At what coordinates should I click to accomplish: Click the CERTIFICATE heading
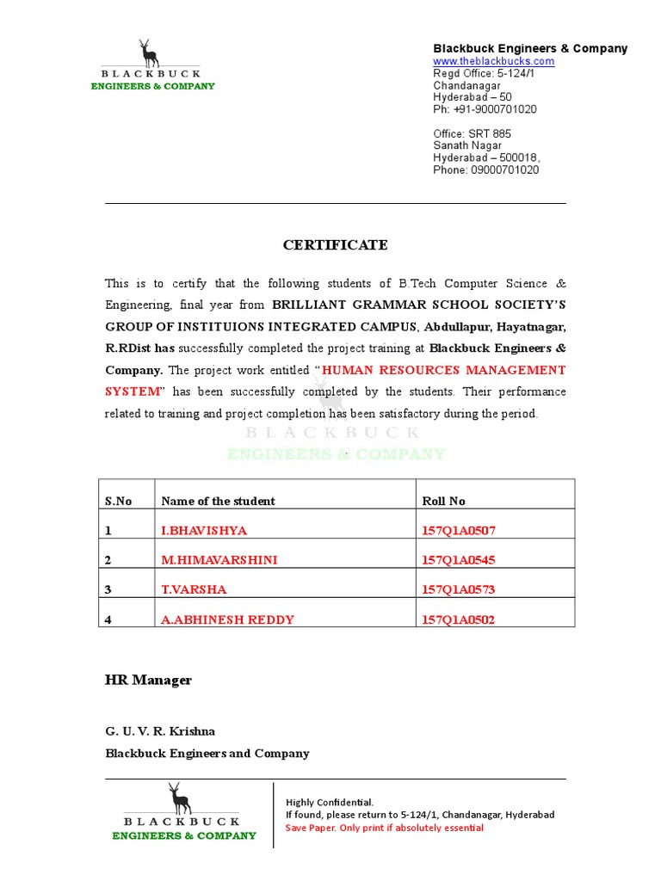[x=335, y=245]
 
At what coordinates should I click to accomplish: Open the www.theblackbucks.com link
[x=493, y=61]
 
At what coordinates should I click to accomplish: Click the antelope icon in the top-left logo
[x=150, y=53]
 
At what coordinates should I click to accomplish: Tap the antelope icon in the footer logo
[x=179, y=798]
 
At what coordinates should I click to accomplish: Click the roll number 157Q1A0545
[x=458, y=560]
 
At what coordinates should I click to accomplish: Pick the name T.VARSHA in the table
[x=194, y=589]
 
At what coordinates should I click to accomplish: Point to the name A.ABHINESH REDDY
[x=227, y=619]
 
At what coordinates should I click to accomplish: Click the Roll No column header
[x=443, y=501]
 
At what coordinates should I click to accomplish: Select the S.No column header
[x=119, y=501]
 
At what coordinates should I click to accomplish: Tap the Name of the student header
[x=218, y=501]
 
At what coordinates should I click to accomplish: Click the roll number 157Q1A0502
[x=458, y=619]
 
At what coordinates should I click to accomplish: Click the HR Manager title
[x=148, y=681]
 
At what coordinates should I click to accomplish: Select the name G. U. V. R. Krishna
[x=160, y=731]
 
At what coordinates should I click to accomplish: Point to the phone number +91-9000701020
[x=485, y=109]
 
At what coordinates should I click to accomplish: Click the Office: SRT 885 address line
[x=472, y=133]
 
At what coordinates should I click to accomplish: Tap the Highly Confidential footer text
[x=330, y=802]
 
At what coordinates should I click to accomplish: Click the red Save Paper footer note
[x=384, y=828]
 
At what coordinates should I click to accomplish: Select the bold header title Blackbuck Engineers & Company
[x=530, y=48]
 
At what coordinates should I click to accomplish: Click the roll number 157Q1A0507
[x=458, y=531]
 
